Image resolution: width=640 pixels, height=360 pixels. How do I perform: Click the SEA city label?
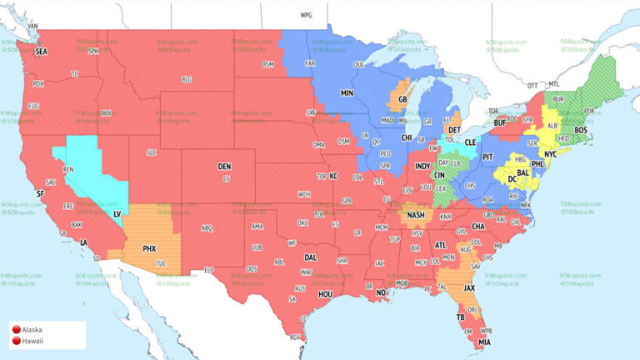pyautogui.click(x=42, y=52)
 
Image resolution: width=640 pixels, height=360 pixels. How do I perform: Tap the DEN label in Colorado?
pyautogui.click(x=224, y=167)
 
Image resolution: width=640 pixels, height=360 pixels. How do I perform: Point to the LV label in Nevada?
pyautogui.click(x=117, y=214)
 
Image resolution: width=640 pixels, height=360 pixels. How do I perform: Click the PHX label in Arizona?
pyautogui.click(x=149, y=248)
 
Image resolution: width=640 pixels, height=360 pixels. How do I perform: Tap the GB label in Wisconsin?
pyautogui.click(x=403, y=99)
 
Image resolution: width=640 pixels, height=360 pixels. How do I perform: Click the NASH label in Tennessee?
pyautogui.click(x=417, y=215)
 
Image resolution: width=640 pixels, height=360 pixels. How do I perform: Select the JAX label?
pyautogui.click(x=469, y=288)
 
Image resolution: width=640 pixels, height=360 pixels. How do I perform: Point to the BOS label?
pyautogui.click(x=580, y=131)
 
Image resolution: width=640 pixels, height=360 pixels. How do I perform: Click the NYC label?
pyautogui.click(x=550, y=155)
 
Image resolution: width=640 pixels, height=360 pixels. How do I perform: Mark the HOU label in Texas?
pyautogui.click(x=325, y=294)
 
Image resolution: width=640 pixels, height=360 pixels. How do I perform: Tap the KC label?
pyautogui.click(x=333, y=177)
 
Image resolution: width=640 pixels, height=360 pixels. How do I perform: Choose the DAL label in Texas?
pyautogui.click(x=310, y=257)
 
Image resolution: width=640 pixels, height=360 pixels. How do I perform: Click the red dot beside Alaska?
pyautogui.click(x=16, y=330)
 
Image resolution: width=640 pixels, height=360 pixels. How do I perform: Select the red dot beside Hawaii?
pyautogui.click(x=16, y=341)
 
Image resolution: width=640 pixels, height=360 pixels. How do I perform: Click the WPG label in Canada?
pyautogui.click(x=306, y=16)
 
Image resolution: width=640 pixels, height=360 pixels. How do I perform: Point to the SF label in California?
pyautogui.click(x=39, y=193)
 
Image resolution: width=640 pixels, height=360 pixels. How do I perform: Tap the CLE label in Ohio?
pyautogui.click(x=471, y=142)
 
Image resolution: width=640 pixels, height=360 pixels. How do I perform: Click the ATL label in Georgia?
pyautogui.click(x=440, y=245)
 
